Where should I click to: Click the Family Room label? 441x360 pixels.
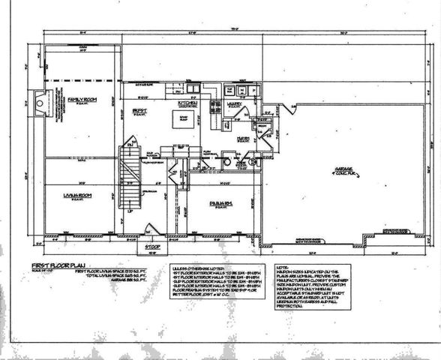tap(77, 100)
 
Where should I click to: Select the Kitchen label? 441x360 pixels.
tap(186, 103)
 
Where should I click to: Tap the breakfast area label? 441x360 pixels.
tap(139, 111)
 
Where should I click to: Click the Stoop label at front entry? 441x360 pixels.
tap(154, 246)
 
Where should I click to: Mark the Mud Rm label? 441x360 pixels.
tap(243, 138)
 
